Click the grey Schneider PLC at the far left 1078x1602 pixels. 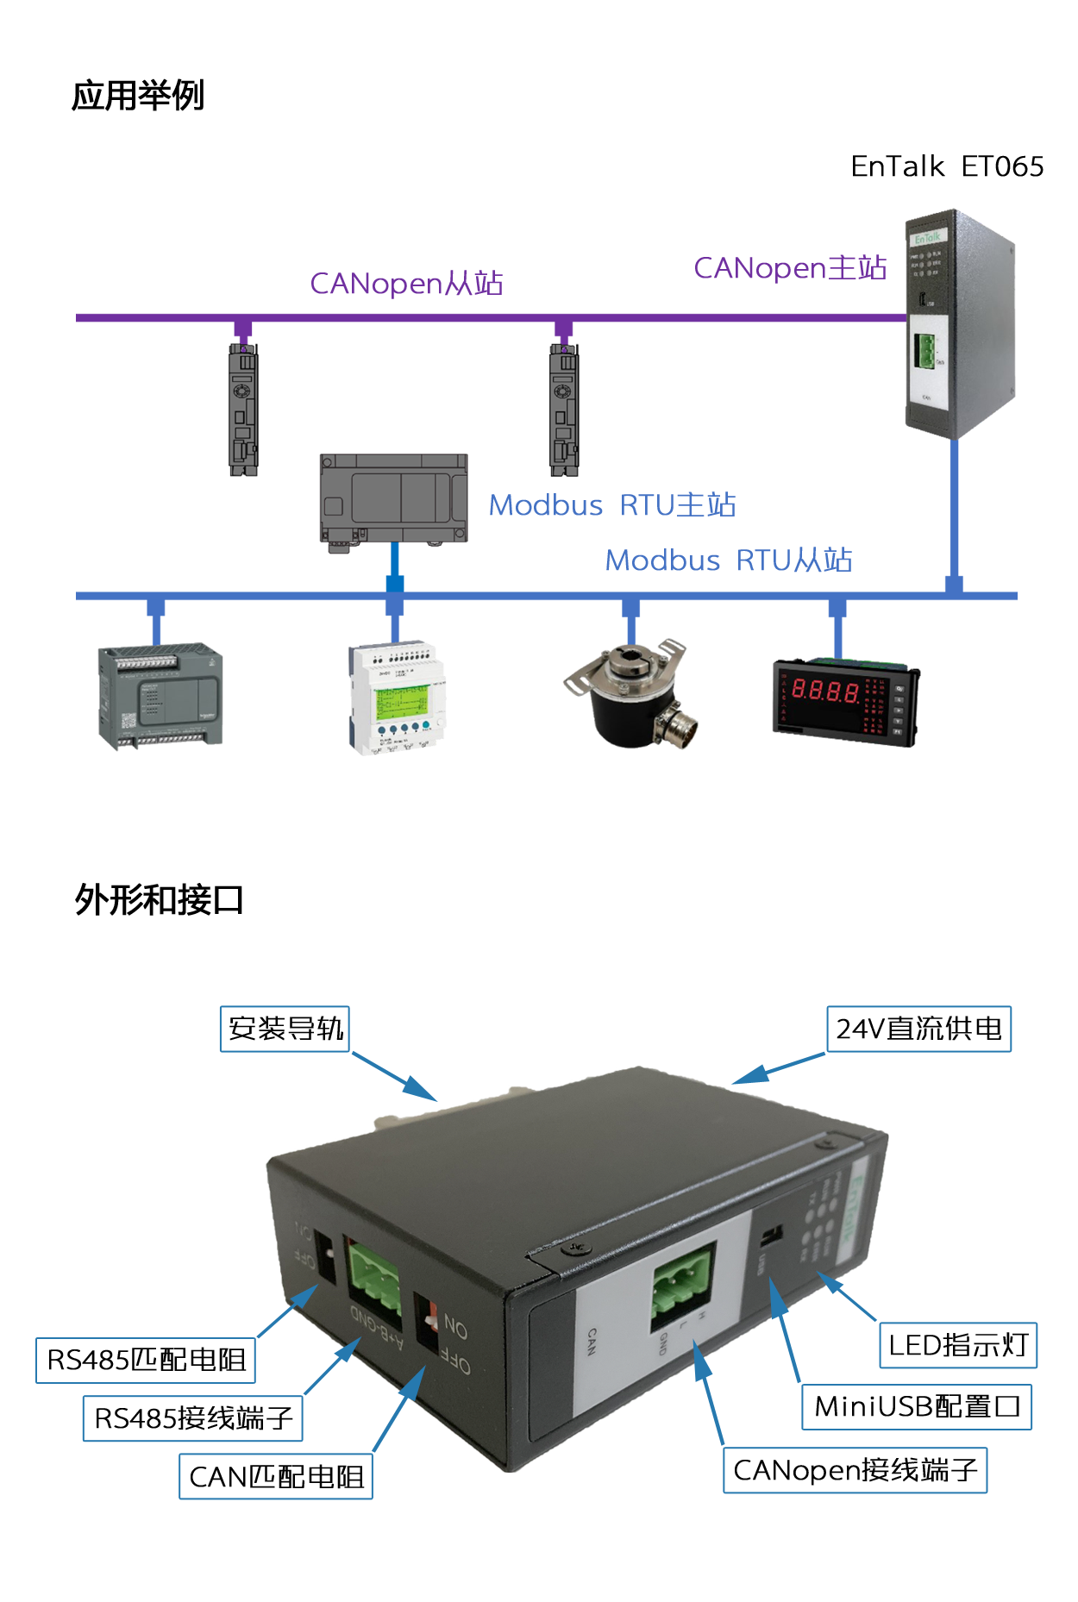coord(160,698)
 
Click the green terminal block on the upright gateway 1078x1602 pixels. coord(924,352)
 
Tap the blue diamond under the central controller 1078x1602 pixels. coord(395,566)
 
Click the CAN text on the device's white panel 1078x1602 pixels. coord(592,1341)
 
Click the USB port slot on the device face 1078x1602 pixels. coord(771,1236)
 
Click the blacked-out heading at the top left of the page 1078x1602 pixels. coord(137,95)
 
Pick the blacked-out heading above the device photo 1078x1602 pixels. coord(158,898)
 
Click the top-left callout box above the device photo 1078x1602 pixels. coord(285,1029)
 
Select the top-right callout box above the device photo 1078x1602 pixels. coord(918,1029)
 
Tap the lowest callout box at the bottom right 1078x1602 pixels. coord(856,1471)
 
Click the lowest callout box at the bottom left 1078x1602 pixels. coord(276,1476)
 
